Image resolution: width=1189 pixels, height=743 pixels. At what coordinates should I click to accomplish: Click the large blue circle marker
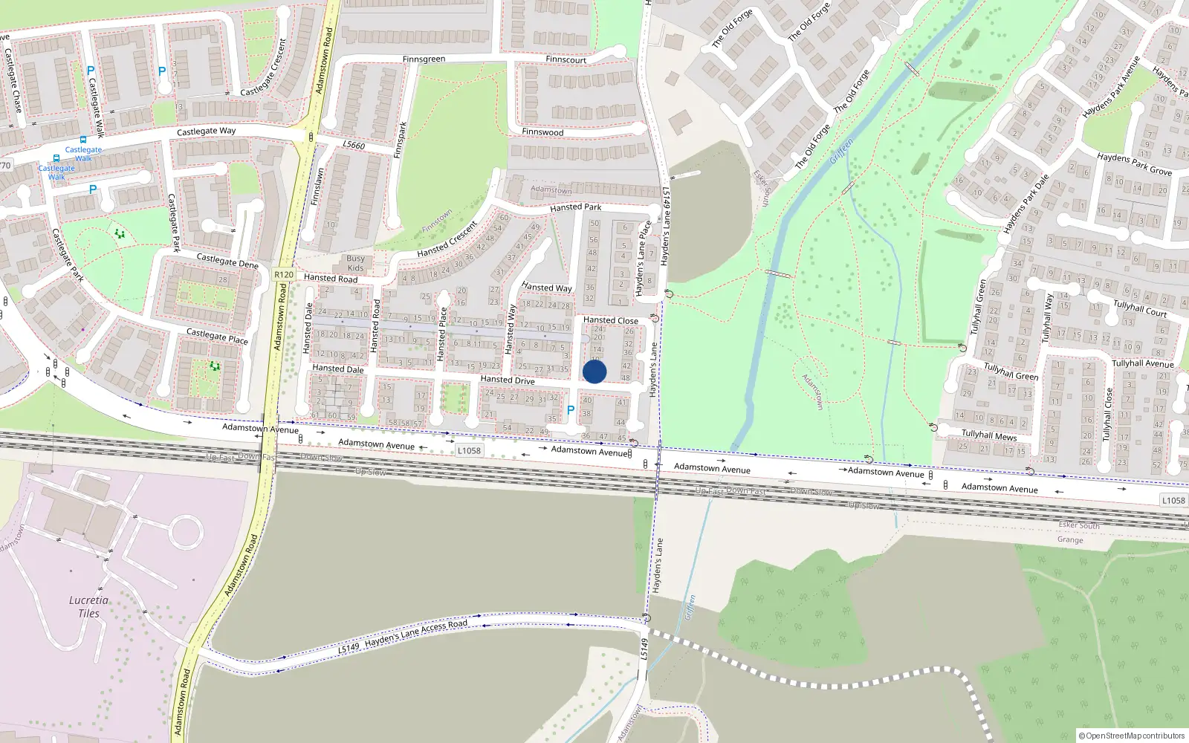594,371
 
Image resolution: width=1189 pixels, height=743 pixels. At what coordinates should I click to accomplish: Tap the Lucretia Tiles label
88,606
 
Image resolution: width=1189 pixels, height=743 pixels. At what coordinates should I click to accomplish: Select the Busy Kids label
356,263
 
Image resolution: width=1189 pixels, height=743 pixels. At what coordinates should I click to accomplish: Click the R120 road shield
284,274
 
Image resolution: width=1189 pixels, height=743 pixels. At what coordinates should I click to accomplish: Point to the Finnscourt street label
566,59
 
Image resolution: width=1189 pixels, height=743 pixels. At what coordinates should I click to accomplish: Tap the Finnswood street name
542,132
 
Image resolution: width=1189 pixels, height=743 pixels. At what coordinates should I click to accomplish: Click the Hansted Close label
610,320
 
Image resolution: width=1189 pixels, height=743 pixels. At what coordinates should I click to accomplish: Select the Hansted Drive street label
508,380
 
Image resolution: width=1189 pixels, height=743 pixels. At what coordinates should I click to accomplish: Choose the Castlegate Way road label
206,132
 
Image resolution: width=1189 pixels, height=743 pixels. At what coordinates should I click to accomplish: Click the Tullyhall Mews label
989,435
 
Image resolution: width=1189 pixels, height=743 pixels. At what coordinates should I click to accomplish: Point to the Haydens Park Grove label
1134,164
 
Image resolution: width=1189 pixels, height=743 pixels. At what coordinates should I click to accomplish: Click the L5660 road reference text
354,145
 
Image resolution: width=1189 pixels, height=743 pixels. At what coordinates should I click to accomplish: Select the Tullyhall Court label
1140,308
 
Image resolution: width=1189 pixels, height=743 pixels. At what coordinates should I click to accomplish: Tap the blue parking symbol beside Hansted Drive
571,410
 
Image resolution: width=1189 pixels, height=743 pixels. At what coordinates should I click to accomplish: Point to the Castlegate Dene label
227,261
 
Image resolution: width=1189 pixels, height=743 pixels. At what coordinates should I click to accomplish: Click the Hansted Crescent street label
447,239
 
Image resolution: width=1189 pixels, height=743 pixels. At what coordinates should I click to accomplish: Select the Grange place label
1070,540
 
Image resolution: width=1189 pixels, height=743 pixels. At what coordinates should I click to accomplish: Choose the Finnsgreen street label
424,59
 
